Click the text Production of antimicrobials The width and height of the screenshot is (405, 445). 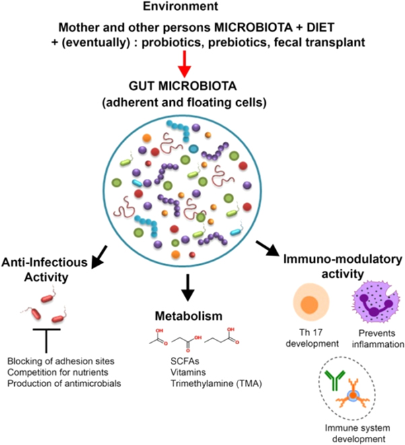coord(65,382)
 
